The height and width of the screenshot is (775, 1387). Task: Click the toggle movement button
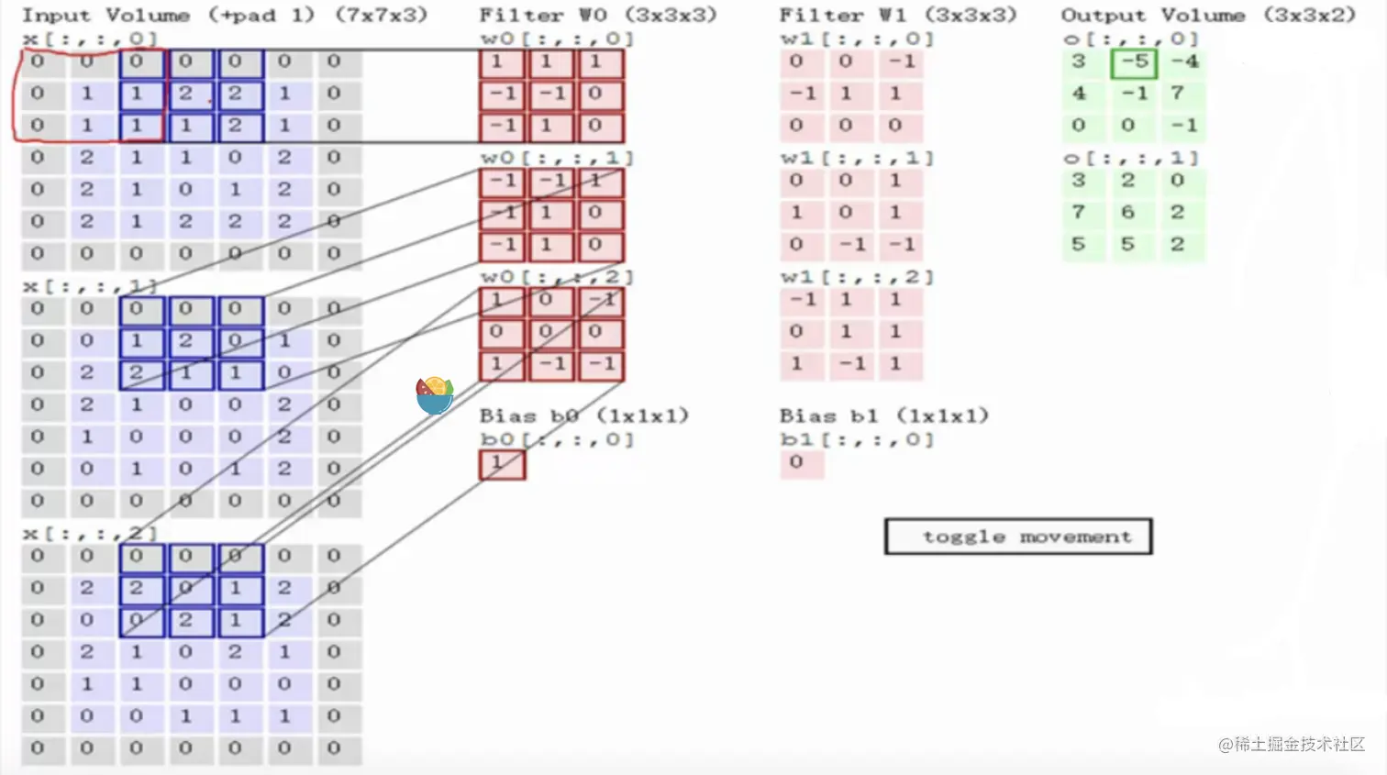[x=1018, y=537]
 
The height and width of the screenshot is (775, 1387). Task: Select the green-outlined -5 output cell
[x=1134, y=62]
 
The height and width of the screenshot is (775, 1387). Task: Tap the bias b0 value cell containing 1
[x=502, y=464]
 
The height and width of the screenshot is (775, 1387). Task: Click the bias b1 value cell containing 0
[x=796, y=462]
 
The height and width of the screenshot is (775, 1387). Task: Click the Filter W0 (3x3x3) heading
[x=598, y=16]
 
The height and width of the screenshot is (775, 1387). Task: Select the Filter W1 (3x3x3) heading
[x=898, y=16]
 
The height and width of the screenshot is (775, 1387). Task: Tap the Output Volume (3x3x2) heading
[x=1208, y=16]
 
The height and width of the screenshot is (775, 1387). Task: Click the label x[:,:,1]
[x=90, y=286]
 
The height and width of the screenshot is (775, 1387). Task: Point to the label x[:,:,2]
[x=90, y=533]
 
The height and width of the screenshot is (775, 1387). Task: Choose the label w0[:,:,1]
[x=558, y=158]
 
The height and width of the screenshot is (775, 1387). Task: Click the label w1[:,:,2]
[x=857, y=277]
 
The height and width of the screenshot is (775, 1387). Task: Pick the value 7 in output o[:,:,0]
[x=1177, y=94]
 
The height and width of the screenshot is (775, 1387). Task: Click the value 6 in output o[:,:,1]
[x=1127, y=212]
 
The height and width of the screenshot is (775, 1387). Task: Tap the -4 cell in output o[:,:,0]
[x=1184, y=61]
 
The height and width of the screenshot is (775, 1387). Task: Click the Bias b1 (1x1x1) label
[x=884, y=415]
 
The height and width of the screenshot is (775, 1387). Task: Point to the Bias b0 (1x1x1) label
[x=584, y=415]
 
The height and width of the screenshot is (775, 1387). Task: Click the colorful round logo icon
[x=434, y=394]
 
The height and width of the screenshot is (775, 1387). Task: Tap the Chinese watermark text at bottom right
[x=1292, y=744]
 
